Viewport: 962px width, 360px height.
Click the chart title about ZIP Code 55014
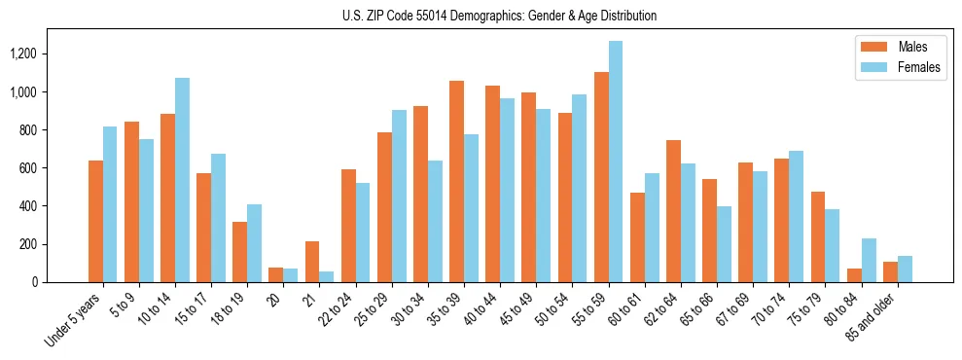499,16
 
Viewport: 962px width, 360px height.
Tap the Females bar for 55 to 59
616,162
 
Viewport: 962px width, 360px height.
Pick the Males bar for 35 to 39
456,182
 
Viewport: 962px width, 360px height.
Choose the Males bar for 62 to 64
673,211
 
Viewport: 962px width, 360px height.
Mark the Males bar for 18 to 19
239,252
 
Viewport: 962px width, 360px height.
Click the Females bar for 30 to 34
435,222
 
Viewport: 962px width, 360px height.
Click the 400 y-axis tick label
54,206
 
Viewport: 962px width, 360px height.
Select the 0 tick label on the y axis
62,282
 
